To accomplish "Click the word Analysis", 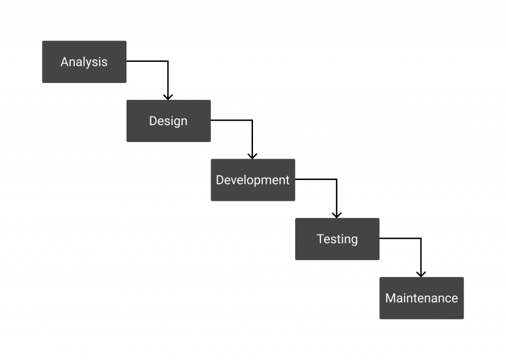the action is tap(84, 62).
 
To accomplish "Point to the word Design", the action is tap(169, 121).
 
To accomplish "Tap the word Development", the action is tap(253, 180).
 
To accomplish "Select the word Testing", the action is tap(337, 239).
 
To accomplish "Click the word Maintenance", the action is tap(422, 298).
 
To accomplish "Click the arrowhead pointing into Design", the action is tap(168, 96).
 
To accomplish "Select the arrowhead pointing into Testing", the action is tap(337, 215).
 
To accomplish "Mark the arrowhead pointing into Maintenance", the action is tap(421, 273).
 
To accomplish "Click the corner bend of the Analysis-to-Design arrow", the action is tap(168, 61).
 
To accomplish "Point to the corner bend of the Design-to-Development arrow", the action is tap(253, 120).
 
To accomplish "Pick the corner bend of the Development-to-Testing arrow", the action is tap(337, 179).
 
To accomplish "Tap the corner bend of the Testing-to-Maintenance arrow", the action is tap(421, 238).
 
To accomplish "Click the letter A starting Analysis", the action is tap(64, 62).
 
